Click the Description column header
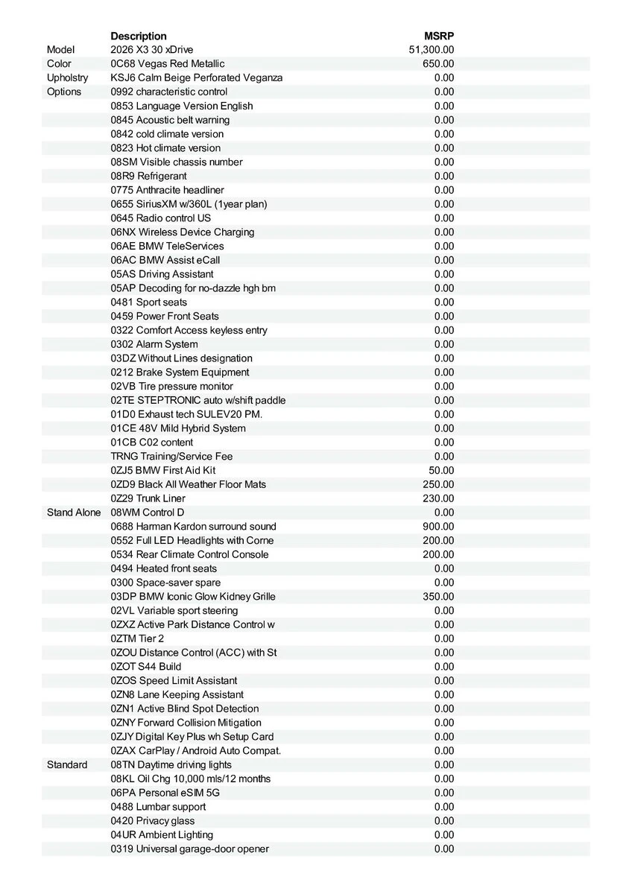pos(139,36)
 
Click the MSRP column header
pos(439,36)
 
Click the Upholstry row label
pos(67,77)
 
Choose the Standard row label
pos(67,764)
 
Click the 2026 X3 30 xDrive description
pos(151,50)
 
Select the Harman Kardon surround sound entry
pos(193,527)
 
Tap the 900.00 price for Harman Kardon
pos(438,527)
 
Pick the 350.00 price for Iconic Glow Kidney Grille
pos(438,597)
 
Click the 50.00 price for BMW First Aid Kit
pos(441,470)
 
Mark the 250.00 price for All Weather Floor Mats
pos(438,484)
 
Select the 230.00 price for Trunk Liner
pos(438,498)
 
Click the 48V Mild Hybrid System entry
pos(178,428)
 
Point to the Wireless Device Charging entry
pos(183,232)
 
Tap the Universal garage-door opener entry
pos(190,849)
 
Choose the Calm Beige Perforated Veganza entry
pos(197,77)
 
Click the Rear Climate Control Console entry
pos(190,554)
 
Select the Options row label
pos(64,92)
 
